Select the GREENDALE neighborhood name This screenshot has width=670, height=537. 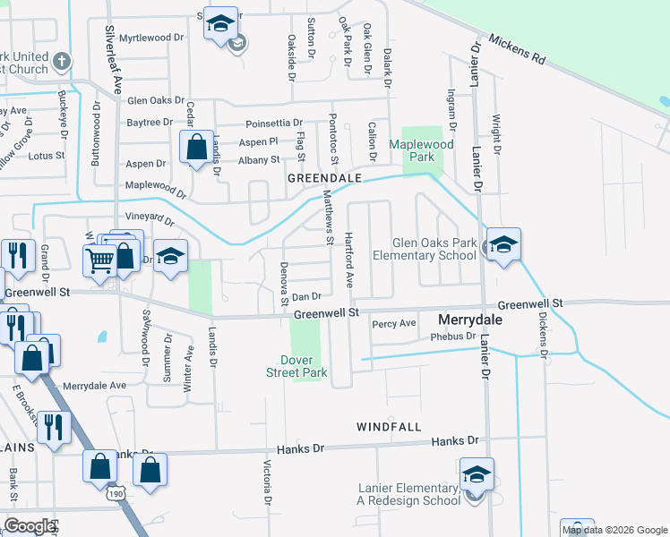(x=324, y=178)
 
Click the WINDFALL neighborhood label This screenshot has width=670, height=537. (x=389, y=427)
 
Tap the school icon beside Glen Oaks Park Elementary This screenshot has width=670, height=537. (x=503, y=245)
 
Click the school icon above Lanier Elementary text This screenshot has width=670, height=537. (x=477, y=475)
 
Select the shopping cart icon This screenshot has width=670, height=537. (x=99, y=260)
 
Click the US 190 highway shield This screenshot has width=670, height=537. (x=116, y=493)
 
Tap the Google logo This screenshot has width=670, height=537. (x=30, y=526)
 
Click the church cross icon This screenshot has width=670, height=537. (x=61, y=62)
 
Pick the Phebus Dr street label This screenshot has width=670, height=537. (x=452, y=337)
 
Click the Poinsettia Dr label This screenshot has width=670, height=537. (x=273, y=123)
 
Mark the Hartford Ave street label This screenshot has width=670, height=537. (x=350, y=262)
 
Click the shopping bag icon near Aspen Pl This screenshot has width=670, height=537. (x=195, y=146)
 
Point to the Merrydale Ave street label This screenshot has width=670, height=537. (x=94, y=385)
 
